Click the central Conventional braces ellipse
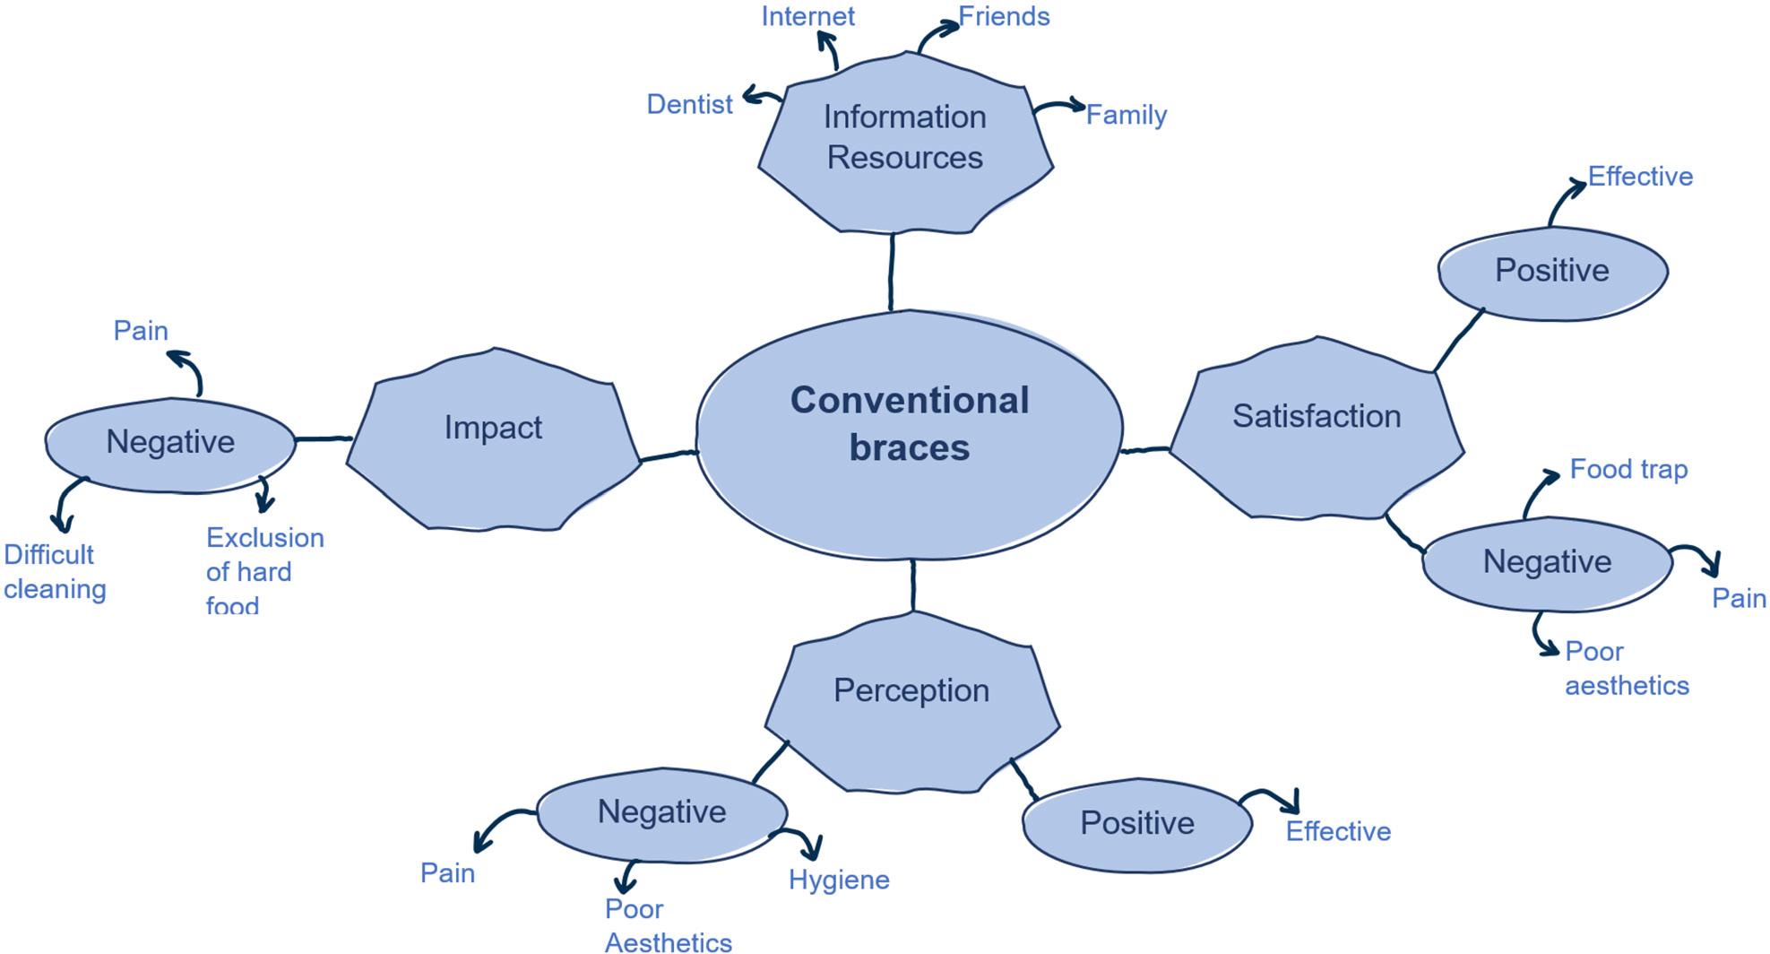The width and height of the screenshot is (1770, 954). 909,435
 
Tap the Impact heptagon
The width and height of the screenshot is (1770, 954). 493,439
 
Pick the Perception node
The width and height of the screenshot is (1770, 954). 911,699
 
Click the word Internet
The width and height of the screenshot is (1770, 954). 807,16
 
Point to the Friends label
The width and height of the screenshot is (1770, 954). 1004,16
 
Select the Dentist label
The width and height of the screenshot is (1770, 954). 689,104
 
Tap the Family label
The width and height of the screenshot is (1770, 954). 1126,115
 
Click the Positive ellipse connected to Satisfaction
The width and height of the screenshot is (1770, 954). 1551,271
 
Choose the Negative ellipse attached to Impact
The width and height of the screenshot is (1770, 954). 170,443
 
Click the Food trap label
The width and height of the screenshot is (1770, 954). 1628,469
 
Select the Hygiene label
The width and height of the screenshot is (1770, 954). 839,880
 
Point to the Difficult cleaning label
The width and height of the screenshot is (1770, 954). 54,571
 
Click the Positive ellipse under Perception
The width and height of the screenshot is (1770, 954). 1136,823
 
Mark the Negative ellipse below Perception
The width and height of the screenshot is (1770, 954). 661,812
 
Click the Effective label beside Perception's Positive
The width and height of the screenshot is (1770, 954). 1338,831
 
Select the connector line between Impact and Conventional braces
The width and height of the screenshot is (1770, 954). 669,456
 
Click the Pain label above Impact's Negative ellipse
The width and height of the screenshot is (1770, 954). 141,331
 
